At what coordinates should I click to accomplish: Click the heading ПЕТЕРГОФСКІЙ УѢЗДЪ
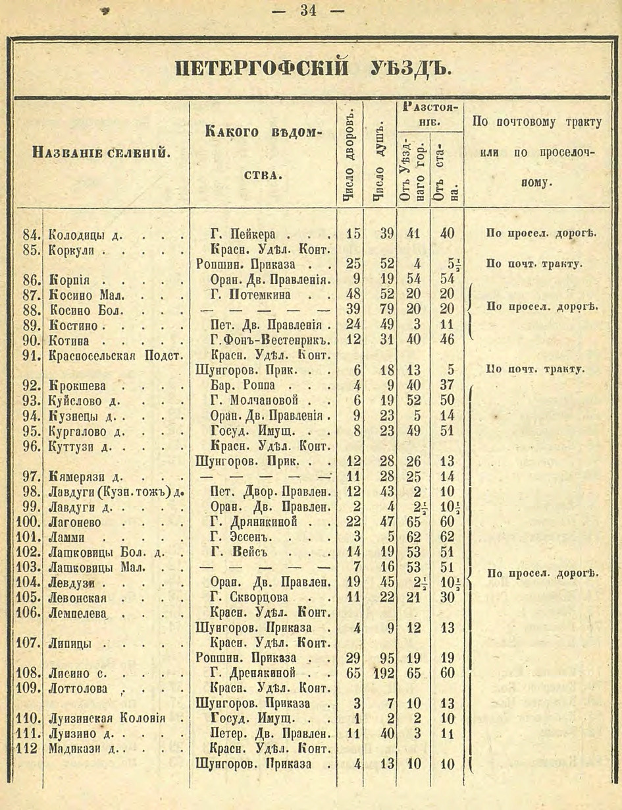coord(311,69)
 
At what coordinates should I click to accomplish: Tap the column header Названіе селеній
coord(102,154)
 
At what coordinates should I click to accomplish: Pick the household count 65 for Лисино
coord(353,674)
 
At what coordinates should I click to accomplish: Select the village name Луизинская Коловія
coord(106,718)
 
